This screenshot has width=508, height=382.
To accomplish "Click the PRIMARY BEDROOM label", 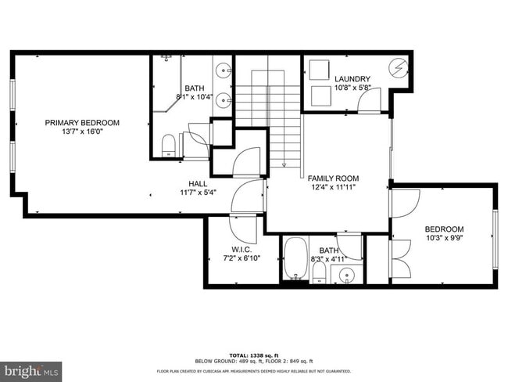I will tap(82, 122).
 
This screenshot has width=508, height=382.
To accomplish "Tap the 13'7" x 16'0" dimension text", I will tap(82, 133).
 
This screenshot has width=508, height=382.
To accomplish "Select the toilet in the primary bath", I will tap(167, 146).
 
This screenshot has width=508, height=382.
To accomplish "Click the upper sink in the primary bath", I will tap(224, 70).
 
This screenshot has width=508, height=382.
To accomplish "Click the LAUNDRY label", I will tap(352, 79).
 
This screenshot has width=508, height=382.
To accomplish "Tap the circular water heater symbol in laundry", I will tap(399, 69).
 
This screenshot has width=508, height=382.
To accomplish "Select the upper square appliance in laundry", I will tap(319, 69).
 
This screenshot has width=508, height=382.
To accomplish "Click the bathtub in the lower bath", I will tap(295, 260).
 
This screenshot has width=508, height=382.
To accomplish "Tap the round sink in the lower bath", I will tap(345, 275).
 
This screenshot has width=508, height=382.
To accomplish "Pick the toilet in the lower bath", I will tap(319, 272).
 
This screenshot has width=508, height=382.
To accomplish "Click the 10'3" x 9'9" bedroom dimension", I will tap(445, 239).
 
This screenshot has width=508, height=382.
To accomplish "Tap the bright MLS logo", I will tap(31, 368).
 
